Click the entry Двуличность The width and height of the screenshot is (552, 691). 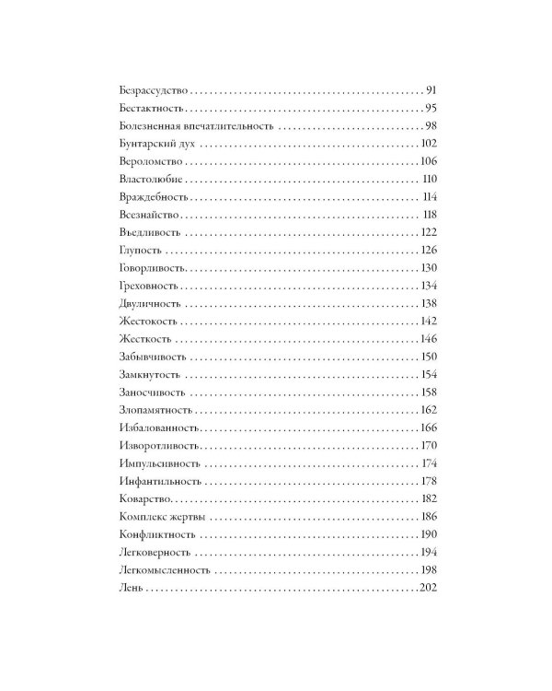[150, 303]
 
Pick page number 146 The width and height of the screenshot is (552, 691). [431, 338]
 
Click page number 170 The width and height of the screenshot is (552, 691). [431, 445]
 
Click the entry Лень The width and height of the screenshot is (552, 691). [132, 587]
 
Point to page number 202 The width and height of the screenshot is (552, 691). [431, 587]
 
